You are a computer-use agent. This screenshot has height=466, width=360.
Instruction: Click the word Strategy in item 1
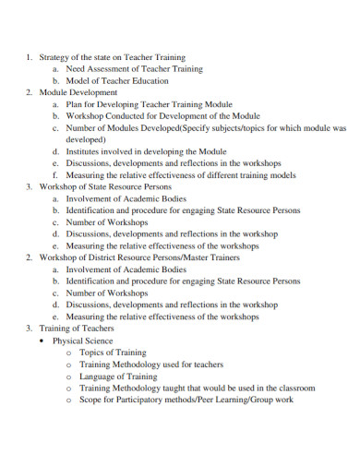54,57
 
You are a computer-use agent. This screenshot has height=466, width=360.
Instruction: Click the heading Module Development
78,93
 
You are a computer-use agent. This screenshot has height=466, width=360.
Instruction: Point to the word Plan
74,105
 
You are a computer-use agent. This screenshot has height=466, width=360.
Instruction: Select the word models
272,173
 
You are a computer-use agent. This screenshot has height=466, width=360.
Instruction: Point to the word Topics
92,352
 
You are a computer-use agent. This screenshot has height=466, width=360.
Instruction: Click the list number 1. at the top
29,57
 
